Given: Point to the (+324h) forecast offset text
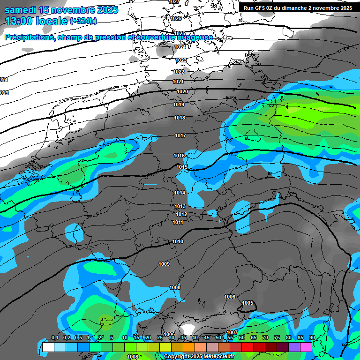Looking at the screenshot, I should [x=83, y=21].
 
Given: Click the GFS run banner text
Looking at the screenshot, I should [x=298, y=8].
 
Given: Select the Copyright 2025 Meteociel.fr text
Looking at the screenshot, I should [x=197, y=357].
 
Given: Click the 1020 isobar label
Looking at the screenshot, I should [x=182, y=91].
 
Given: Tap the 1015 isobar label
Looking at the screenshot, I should [x=182, y=167].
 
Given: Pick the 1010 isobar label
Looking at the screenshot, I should [x=178, y=241].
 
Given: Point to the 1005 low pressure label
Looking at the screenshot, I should [x=248, y=303].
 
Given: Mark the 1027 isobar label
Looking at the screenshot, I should [x=174, y=2].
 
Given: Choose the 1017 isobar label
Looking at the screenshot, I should [x=180, y=135].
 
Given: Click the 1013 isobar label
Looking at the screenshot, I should [x=180, y=206].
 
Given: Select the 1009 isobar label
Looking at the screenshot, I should [x=164, y=264].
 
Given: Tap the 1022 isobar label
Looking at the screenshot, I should [x=179, y=72].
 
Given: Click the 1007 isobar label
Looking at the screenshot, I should [x=232, y=332].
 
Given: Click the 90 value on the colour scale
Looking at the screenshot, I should [x=312, y=337].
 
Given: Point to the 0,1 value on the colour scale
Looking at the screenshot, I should [x=55, y=337].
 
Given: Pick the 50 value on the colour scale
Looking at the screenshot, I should [x=218, y=337].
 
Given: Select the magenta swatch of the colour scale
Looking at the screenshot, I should [x=306, y=347].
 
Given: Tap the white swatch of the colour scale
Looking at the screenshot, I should [x=48, y=347].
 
